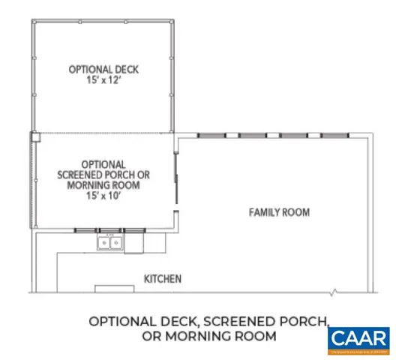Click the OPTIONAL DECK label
coord(103,69)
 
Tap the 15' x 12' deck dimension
coord(103,80)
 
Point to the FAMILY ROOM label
coord(279,213)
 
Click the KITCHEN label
coord(163,278)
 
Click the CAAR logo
coord(358,339)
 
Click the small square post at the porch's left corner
coord(34,136)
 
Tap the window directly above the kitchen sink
coord(110,229)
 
